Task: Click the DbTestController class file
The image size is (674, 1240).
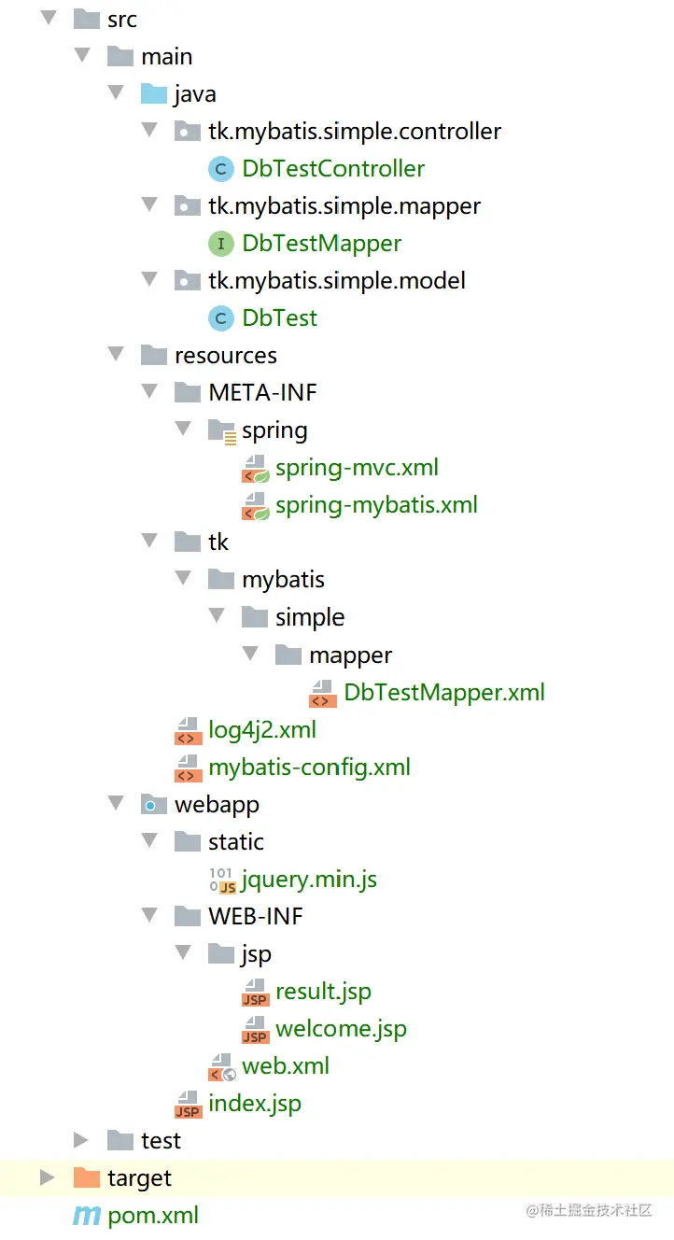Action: (x=332, y=169)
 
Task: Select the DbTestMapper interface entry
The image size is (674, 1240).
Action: (x=321, y=244)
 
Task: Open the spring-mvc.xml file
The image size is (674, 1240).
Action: (x=357, y=468)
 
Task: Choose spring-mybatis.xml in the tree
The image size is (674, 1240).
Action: (x=376, y=505)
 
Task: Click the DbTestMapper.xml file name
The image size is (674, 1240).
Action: (x=443, y=693)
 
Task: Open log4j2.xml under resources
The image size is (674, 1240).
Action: (x=261, y=730)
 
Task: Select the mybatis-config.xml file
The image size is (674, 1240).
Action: (x=309, y=768)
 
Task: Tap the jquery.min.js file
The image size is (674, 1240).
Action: (x=308, y=880)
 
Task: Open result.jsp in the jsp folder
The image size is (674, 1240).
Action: (x=323, y=992)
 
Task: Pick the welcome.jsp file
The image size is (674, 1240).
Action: (x=341, y=1029)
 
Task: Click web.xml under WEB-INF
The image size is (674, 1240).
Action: (x=285, y=1066)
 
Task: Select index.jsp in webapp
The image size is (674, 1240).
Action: (x=254, y=1104)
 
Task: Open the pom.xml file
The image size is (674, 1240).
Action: (x=153, y=1216)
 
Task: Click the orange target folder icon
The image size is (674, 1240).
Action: (x=86, y=1177)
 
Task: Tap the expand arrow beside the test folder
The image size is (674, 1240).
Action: (x=81, y=1140)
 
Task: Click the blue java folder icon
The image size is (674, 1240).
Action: (x=153, y=93)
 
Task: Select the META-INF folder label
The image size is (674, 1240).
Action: (x=262, y=393)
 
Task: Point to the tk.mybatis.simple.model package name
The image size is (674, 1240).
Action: (x=337, y=281)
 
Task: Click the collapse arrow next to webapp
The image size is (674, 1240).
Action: (x=116, y=803)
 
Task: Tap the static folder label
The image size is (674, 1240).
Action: (x=236, y=842)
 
